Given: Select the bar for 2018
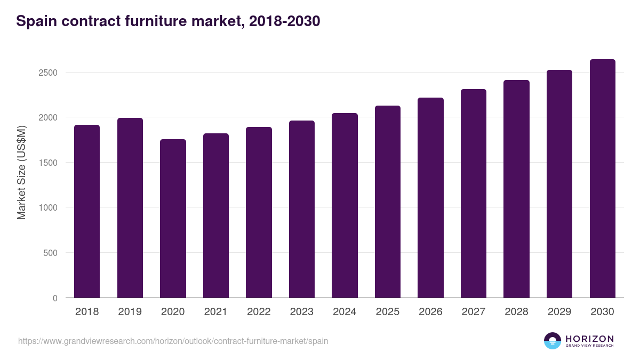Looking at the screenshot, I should click(87, 211).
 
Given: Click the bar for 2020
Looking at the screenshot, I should click(173, 219).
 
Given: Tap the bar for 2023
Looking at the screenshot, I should click(302, 209).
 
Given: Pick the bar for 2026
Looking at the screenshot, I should click(430, 197).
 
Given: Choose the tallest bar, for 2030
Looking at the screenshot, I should click(602, 178).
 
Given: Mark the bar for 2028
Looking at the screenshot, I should click(516, 189).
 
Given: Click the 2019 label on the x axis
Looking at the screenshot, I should click(130, 312).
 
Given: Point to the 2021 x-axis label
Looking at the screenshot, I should click(216, 312).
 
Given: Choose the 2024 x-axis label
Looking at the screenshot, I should click(345, 312).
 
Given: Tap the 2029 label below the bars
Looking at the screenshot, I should click(559, 312).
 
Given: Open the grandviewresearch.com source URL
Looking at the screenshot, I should click(173, 341).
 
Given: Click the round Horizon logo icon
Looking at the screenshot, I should click(553, 341).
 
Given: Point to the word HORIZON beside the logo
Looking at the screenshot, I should click(589, 338).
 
